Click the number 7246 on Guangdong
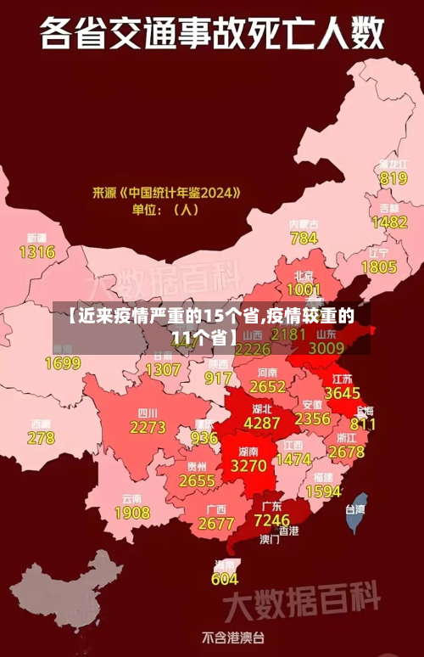[x=271, y=519]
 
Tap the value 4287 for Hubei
[x=261, y=422]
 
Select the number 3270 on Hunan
[x=248, y=466]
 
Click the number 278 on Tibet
[x=40, y=438]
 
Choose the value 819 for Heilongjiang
[x=393, y=178]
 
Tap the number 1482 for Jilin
[x=389, y=222]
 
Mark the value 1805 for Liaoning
[x=379, y=267]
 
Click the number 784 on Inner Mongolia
[x=304, y=239]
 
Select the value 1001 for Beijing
[x=304, y=290]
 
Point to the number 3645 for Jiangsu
[x=343, y=393]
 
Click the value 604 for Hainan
[x=224, y=579]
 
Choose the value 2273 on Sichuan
[x=148, y=428]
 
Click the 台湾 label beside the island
[x=354, y=510]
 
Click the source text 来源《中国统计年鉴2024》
[x=166, y=193]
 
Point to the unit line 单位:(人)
[x=165, y=210]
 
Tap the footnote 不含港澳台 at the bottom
[x=233, y=636]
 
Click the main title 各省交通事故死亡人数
[x=212, y=36]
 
